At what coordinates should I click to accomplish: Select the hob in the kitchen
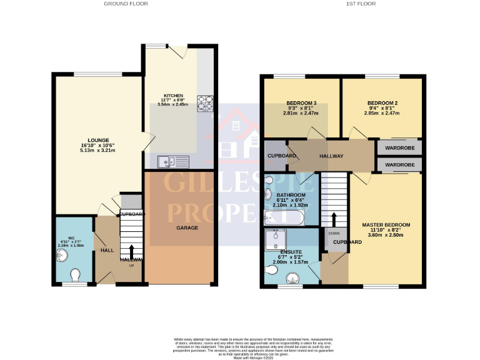(205, 103)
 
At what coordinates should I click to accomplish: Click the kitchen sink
(173, 161)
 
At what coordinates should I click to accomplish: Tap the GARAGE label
(186, 227)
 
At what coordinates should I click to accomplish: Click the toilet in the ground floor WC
(75, 275)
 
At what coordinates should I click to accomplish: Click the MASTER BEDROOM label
(386, 224)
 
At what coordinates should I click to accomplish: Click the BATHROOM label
(291, 195)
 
